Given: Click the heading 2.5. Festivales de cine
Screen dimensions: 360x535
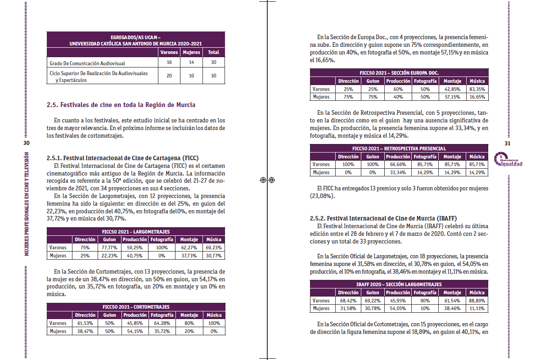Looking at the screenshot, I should (121, 105).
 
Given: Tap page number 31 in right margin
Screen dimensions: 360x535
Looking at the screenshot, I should (508, 143).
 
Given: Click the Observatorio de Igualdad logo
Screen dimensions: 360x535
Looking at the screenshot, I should (508, 160).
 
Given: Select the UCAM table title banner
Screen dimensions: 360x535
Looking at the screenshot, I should (135, 40).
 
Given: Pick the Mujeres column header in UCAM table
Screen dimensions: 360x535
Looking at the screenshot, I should (191, 52).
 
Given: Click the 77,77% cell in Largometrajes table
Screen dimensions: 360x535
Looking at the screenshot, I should (109, 247).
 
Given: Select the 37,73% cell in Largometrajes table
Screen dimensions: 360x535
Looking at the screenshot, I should (189, 256).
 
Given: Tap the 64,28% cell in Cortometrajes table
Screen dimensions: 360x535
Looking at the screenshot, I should (162, 323).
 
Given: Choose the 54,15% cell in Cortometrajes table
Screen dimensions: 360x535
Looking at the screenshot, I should (135, 331).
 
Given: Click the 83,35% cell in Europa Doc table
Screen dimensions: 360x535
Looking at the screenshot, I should (477, 89).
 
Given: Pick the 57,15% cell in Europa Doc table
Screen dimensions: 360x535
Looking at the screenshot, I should (452, 97).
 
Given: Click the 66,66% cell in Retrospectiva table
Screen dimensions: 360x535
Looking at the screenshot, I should (398, 165).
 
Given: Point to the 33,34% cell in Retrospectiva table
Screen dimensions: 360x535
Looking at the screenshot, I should (398, 172).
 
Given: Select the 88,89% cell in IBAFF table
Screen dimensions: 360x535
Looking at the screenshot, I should (477, 301).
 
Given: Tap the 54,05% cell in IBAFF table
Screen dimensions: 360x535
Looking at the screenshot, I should (398, 308).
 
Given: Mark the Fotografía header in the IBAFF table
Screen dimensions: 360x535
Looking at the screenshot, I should (425, 292).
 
